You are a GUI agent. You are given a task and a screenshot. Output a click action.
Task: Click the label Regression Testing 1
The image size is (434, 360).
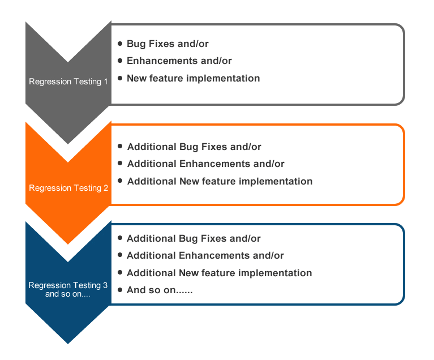[68, 82]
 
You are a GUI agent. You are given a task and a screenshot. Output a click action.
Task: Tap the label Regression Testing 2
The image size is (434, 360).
[68, 188]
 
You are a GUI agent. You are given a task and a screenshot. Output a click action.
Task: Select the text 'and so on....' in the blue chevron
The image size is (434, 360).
[68, 294]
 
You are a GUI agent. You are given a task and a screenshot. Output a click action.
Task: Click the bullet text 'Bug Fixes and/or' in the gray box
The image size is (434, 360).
[167, 44]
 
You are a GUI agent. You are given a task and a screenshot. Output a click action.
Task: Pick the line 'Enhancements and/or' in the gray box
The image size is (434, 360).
[179, 61]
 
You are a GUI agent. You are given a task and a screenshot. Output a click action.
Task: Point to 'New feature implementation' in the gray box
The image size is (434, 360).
[193, 78]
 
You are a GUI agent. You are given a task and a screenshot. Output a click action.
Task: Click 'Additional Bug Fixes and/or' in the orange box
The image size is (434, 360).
[194, 147]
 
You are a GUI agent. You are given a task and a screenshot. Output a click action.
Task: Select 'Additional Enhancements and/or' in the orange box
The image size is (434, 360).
[205, 164]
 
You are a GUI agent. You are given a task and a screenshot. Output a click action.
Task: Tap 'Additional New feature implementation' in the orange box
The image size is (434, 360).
[220, 181]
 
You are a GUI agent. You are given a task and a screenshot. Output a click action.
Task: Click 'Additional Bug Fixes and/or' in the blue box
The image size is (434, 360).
[194, 238]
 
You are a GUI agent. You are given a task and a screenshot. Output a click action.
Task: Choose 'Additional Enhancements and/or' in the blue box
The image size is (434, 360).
[205, 255]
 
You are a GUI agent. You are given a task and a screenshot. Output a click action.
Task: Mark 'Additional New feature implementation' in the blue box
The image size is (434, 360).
[219, 273]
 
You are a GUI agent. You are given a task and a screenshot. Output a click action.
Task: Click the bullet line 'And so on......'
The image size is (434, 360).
[160, 290]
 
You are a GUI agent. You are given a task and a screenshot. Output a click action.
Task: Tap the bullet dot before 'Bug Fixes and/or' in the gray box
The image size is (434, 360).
[120, 44]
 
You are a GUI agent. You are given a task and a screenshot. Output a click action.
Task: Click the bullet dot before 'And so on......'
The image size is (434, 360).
[120, 290]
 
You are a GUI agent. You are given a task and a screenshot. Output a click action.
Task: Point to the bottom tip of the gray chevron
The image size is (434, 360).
[68, 144]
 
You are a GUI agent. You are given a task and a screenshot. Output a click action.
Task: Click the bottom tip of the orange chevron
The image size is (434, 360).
[68, 245]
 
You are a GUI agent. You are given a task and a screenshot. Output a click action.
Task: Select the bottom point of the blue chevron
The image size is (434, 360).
[68, 344]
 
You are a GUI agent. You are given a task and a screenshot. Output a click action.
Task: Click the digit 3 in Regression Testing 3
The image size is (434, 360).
[105, 285]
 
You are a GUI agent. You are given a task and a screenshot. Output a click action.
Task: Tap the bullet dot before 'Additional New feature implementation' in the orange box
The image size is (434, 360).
[120, 181]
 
